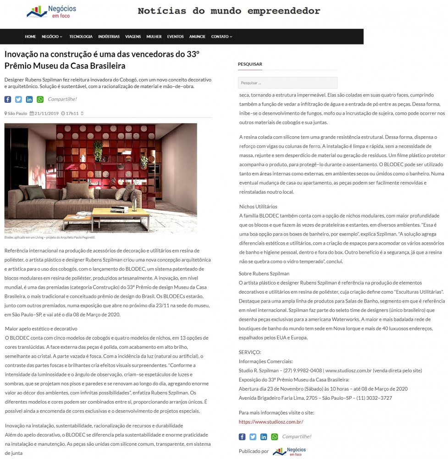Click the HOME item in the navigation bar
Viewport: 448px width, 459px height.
[30, 37]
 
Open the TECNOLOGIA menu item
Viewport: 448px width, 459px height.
[81, 37]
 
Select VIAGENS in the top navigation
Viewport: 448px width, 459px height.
[133, 37]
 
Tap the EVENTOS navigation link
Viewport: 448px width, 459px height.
[175, 37]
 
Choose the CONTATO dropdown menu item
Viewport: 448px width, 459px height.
[221, 37]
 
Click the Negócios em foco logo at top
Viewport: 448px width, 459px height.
[52, 11]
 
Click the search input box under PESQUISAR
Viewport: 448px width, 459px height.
[288, 83]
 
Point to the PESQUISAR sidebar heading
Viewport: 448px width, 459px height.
[250, 64]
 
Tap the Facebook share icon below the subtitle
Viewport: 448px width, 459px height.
[8, 100]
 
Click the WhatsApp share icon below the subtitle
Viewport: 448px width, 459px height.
[40, 100]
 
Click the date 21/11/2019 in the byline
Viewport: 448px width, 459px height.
[44, 113]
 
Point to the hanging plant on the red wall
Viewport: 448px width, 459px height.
[98, 150]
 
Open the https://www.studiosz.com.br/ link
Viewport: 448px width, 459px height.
[271, 422]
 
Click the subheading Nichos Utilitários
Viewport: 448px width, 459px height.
[258, 207]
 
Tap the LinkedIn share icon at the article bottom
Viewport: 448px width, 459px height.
[264, 437]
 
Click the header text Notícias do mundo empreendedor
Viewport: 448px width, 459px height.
[229, 11]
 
